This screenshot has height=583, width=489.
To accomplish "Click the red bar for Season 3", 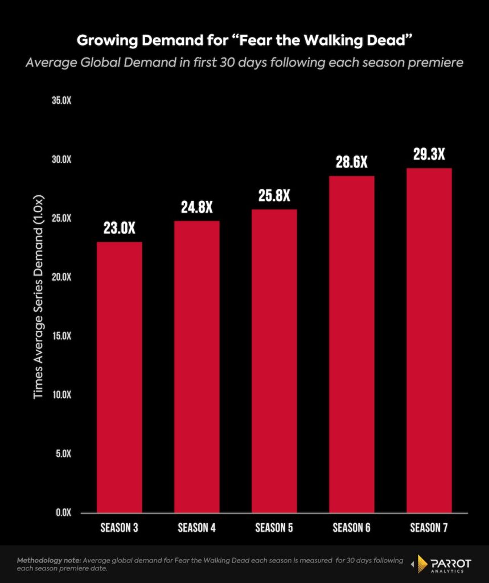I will click(x=120, y=377).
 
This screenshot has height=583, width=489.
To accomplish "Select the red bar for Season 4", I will click(x=197, y=367).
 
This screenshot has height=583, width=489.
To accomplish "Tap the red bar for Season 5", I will click(x=274, y=361).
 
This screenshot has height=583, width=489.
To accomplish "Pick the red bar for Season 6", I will click(x=352, y=344).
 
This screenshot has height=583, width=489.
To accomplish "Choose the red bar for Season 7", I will click(x=429, y=340).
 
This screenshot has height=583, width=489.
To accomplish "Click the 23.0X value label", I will click(x=120, y=229).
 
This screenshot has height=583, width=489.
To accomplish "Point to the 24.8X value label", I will click(x=197, y=208).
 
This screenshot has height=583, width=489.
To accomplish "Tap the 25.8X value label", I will click(x=274, y=196).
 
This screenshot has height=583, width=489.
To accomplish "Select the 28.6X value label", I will click(x=352, y=163).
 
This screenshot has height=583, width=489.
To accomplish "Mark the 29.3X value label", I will click(x=429, y=155).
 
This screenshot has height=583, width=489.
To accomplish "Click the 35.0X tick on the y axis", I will click(x=61, y=101).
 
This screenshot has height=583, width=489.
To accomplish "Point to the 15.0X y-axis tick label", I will click(x=61, y=336).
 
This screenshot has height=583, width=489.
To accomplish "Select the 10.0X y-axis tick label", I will click(x=61, y=395).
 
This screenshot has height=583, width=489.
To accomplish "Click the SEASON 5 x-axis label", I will click(x=274, y=528).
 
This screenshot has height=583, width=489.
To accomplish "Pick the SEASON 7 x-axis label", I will click(x=429, y=528).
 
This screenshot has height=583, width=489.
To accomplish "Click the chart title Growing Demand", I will click(x=244, y=41).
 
